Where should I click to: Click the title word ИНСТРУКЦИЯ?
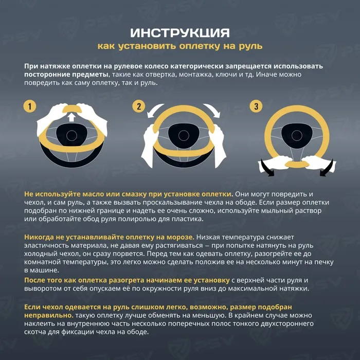(179, 33)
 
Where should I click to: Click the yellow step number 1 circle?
(31, 106)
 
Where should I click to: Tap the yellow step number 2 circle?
(138, 106)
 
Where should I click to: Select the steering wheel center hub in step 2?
(183, 135)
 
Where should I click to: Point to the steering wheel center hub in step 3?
(297, 135)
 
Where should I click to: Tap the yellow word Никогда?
(42, 237)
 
